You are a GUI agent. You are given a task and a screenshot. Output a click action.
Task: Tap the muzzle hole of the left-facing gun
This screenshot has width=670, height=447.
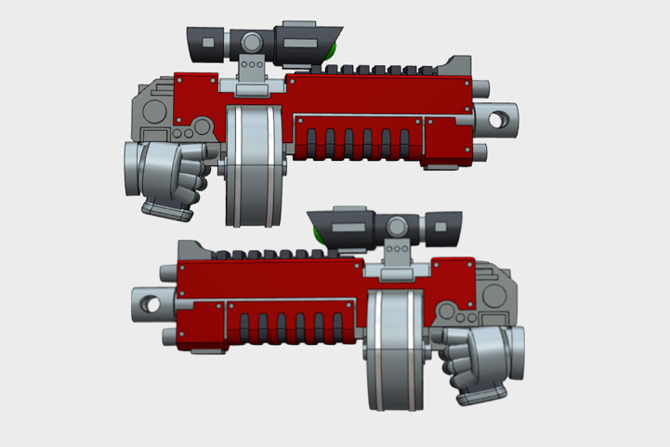point(144,301)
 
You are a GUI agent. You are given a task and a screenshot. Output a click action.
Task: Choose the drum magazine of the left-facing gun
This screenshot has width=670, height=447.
point(395,348)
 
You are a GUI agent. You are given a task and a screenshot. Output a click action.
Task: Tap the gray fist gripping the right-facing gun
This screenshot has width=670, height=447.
point(167,177)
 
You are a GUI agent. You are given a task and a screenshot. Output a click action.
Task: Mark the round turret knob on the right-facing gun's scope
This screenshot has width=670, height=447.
point(252,41)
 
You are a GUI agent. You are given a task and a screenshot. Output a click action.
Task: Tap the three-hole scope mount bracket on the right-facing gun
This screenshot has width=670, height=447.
point(251,68)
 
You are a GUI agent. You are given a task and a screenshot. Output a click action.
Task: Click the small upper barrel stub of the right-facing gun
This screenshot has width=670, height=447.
point(482,89)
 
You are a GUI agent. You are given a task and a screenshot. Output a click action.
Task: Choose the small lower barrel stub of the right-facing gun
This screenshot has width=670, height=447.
point(482,151)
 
